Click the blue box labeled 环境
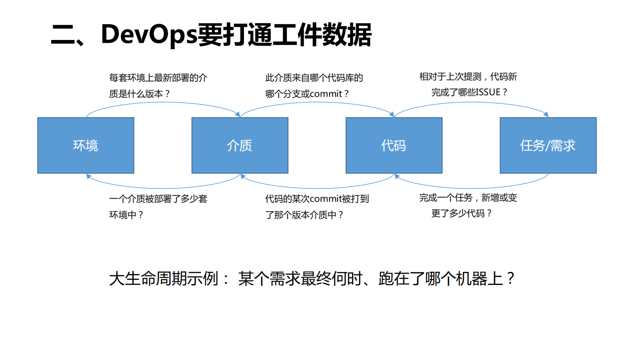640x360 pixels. coord(85,145)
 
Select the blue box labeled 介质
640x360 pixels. coord(240,145)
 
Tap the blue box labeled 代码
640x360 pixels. coord(394,145)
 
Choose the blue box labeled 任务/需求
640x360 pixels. coord(548,145)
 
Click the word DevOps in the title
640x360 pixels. coord(149,35)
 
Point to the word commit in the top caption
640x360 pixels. coord(326,94)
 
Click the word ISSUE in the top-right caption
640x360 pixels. coord(488,92)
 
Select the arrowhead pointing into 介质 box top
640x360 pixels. coord(238,114)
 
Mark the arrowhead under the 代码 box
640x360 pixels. coord(397,176)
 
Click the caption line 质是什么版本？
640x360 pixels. coord(140,94)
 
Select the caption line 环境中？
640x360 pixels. coord(126,215)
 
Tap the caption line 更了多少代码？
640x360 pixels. coord(461,213)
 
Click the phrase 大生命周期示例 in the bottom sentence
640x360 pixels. coord(164,279)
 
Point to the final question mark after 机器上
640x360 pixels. coord(511,278)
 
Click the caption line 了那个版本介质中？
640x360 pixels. coord(304,215)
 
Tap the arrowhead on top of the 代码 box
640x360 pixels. coord(392,114)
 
